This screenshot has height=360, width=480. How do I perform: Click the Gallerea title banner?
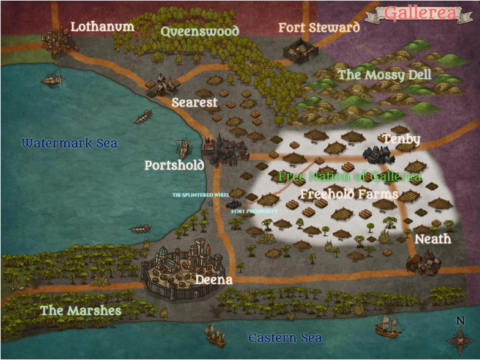(419, 13)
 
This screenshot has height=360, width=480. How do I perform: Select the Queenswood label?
(199, 31)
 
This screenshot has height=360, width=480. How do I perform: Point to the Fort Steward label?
(319, 28)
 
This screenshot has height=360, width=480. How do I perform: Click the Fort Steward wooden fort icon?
(299, 51)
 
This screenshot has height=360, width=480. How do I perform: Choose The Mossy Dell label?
(385, 75)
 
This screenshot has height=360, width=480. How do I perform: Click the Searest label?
(194, 102)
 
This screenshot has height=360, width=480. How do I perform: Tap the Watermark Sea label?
(69, 144)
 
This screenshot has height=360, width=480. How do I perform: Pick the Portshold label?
(174, 166)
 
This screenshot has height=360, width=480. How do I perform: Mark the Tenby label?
(401, 139)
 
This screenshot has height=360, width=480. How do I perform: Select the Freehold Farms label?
(349, 194)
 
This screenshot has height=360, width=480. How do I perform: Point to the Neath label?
(433, 239)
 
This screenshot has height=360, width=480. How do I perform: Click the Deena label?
(213, 280)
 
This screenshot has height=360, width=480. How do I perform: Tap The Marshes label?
(81, 310)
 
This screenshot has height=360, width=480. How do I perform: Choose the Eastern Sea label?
(285, 338)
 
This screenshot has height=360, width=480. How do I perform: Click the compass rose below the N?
(460, 340)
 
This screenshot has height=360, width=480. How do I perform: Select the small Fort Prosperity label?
(254, 211)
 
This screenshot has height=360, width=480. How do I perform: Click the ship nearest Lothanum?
(53, 78)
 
